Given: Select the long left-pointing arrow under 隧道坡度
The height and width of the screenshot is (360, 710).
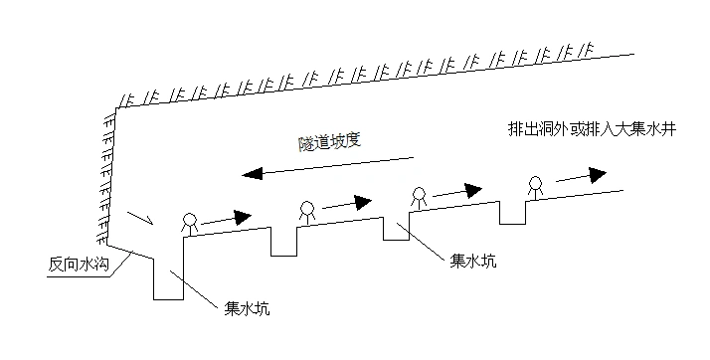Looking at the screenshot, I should pyautogui.click(x=329, y=165).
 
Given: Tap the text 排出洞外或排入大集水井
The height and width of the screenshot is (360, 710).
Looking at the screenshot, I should pyautogui.click(x=592, y=131).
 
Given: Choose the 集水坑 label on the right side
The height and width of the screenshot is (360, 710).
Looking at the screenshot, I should pyautogui.click(x=471, y=261).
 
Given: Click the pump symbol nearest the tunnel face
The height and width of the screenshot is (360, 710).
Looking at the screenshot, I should pyautogui.click(x=188, y=222).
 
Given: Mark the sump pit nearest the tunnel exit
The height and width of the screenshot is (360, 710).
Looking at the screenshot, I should pyautogui.click(x=512, y=213).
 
